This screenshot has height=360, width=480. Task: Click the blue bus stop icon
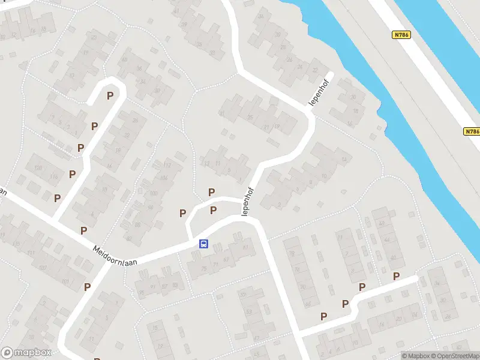[x=204, y=244]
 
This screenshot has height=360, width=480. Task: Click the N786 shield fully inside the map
[x=402, y=35]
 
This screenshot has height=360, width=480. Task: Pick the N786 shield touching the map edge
[x=472, y=131]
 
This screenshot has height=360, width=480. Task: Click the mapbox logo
[x=26, y=352]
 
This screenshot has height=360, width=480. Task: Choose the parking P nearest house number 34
[x=396, y=276]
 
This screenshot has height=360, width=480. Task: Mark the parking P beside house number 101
[x=88, y=287]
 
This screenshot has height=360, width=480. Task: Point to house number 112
[x=167, y=166]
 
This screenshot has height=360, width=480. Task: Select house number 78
[x=292, y=253]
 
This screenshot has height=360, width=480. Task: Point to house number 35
[x=251, y=118]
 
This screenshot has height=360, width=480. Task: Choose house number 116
[x=54, y=176]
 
